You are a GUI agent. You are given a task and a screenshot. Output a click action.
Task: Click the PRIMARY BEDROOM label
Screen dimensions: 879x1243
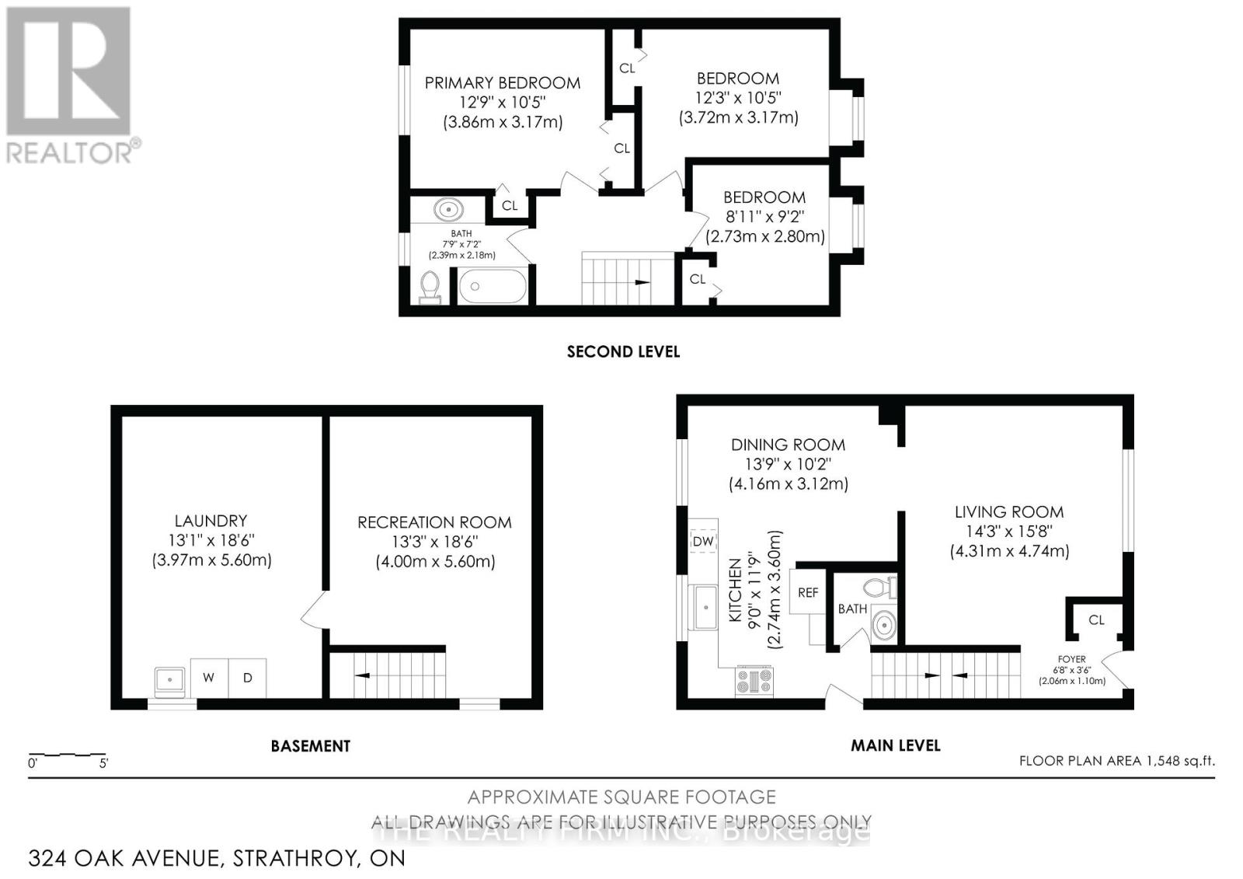tap(502, 83)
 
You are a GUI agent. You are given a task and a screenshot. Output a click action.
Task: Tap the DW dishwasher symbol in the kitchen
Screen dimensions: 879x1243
tap(702, 542)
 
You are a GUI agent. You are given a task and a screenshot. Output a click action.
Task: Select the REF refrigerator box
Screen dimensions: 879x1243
tap(808, 592)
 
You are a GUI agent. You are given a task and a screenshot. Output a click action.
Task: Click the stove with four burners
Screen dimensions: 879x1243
tap(754, 681)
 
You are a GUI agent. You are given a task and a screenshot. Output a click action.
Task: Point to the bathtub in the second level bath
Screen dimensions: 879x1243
tap(492, 286)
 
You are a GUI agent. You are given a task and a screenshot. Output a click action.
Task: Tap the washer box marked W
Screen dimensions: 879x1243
tap(209, 678)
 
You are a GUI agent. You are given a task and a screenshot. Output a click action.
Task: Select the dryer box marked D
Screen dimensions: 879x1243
tap(248, 678)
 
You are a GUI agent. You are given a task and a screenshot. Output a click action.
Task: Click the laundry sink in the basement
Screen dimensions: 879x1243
tap(169, 680)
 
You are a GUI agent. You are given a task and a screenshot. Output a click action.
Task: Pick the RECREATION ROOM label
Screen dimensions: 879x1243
tap(434, 522)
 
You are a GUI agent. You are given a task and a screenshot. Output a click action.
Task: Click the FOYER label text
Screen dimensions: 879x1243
tap(1071, 659)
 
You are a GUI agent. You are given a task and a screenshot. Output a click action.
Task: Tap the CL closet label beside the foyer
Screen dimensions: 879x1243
tap(1096, 619)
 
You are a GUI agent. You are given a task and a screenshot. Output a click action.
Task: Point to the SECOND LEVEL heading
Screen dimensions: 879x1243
tap(623, 352)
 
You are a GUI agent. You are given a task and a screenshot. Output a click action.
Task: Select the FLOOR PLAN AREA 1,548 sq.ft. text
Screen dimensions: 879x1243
tap(1116, 761)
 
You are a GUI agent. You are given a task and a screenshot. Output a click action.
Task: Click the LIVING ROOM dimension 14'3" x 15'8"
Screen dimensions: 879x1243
tap(1009, 532)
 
